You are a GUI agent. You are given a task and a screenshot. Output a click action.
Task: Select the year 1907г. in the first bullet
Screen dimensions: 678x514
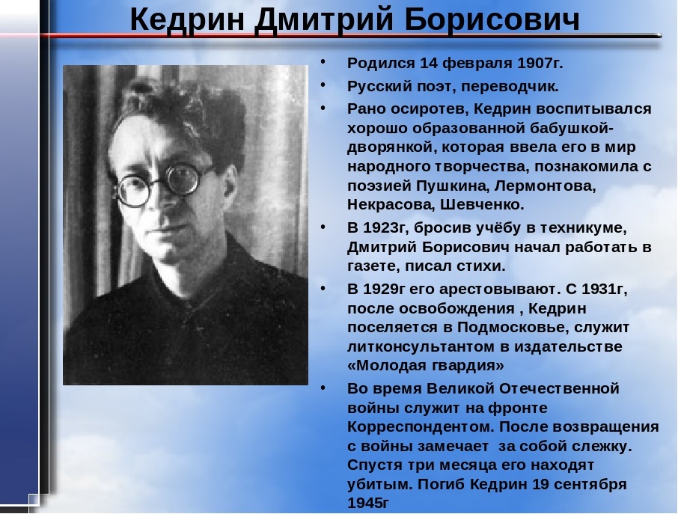pyautogui.click(x=540, y=63)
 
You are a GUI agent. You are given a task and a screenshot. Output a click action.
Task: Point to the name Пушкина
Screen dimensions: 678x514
pyautogui.click(x=453, y=186)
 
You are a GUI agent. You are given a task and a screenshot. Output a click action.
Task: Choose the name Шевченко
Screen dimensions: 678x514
pyautogui.click(x=482, y=204)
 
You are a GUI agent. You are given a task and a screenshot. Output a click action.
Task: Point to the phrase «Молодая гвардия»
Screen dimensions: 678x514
pyautogui.click(x=426, y=366)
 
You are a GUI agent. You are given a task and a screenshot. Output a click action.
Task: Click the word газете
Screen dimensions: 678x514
pyautogui.click(x=373, y=266)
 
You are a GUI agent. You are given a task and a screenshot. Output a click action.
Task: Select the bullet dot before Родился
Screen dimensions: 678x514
pyautogui.click(x=323, y=62)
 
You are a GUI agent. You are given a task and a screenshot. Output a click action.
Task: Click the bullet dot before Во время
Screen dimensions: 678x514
pyautogui.click(x=323, y=388)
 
